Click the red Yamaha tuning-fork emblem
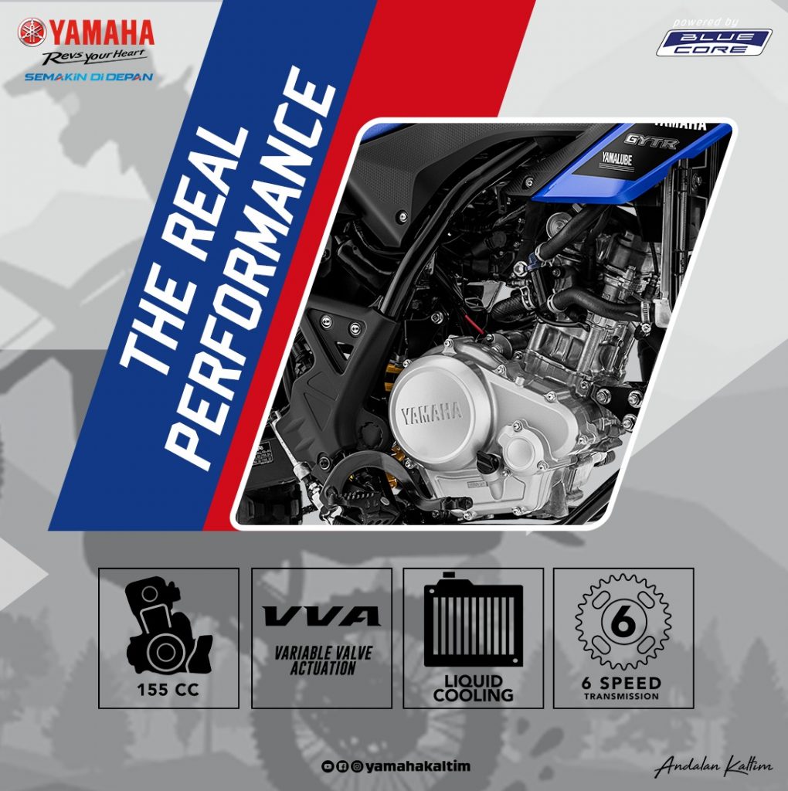[32, 32]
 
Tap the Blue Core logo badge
[714, 42]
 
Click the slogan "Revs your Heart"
[94, 57]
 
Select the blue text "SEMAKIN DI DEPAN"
[89, 77]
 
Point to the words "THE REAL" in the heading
[184, 250]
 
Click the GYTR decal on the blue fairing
[651, 141]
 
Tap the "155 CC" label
[168, 690]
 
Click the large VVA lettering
[321, 616]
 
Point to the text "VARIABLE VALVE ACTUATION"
[323, 660]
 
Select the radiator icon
[474, 620]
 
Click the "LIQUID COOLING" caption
[473, 688]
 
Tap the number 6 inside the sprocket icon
[623, 623]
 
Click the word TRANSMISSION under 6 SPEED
[622, 697]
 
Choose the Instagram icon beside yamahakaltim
[357, 767]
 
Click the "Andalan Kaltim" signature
[713, 767]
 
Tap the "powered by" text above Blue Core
[705, 22]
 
